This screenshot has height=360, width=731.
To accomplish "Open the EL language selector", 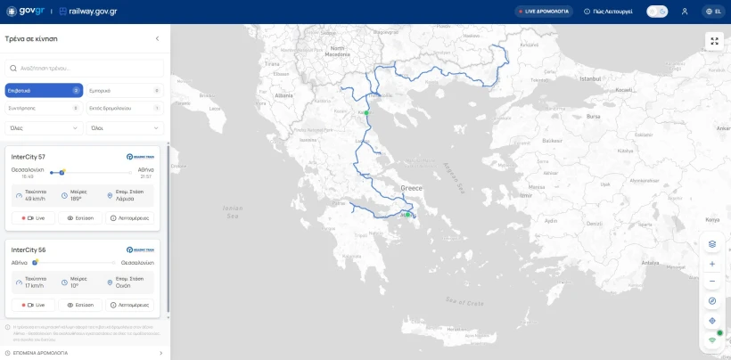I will (712, 12).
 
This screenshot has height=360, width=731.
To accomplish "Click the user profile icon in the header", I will (685, 12).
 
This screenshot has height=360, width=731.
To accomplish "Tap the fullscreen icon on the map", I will (714, 41).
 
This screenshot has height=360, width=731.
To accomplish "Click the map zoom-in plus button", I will (712, 264).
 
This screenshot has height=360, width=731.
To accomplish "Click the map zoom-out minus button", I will (712, 282).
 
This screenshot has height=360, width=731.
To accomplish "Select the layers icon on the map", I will (712, 243).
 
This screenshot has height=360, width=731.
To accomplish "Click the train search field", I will (85, 68).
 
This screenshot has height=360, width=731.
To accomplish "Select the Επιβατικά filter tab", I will (44, 91).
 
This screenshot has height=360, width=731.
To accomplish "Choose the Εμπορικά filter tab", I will (125, 91).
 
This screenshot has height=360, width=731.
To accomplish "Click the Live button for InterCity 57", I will (33, 217).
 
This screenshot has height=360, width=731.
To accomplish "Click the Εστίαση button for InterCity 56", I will (80, 305).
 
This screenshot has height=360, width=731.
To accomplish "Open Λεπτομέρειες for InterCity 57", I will (129, 217).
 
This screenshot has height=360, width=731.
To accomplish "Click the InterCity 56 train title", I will (29, 250).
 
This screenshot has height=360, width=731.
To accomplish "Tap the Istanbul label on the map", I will (591, 78).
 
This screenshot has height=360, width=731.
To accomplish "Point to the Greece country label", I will (411, 189).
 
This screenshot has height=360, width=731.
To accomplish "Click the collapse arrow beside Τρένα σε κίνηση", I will (158, 39).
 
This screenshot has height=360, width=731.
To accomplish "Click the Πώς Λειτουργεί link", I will (609, 12).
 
